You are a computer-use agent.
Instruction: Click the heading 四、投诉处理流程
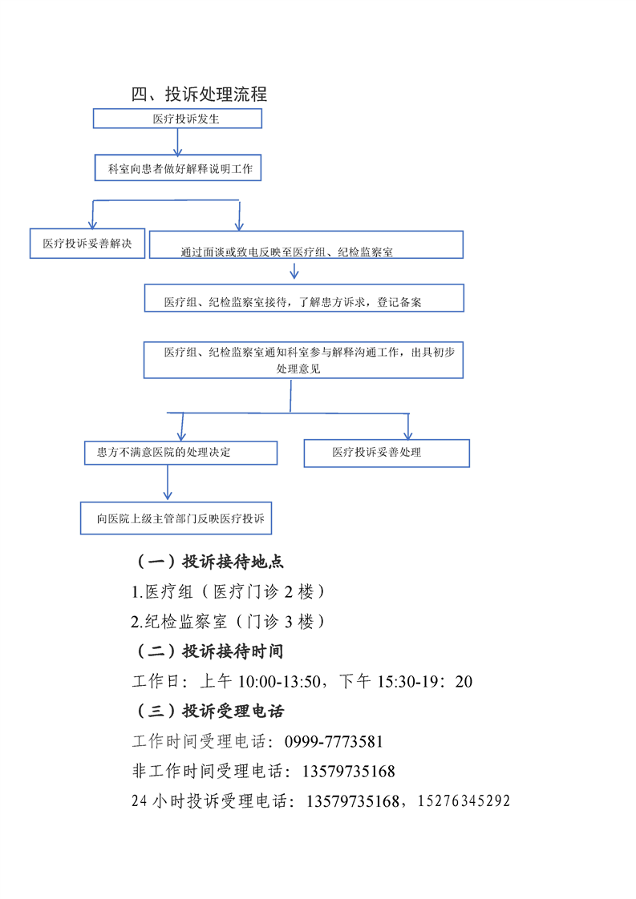[199, 94]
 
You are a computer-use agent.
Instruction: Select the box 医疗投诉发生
[177, 119]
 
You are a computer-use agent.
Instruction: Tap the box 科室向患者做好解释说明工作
[178, 168]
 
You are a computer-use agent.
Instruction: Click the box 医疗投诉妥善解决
[87, 244]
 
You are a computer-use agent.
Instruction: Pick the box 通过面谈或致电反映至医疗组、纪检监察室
[306, 245]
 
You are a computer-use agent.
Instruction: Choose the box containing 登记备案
[304, 298]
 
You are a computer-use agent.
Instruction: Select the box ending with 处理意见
[303, 360]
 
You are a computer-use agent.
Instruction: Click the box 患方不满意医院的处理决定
[180, 453]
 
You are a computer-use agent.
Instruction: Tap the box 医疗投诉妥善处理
[387, 454]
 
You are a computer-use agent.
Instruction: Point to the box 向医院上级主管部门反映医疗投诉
[176, 518]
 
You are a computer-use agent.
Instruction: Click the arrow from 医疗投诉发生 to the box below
[177, 142]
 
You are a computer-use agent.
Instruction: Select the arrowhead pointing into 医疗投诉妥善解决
[92, 224]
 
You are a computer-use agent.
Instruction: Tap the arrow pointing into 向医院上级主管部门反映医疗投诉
[168, 482]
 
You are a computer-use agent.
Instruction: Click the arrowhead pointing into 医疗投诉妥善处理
[408, 434]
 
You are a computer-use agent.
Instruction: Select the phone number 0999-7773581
[334, 741]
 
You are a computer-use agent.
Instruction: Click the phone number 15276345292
[464, 801]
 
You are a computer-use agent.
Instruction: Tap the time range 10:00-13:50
[279, 682]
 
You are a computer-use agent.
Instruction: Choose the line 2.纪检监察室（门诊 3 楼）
[228, 622]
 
